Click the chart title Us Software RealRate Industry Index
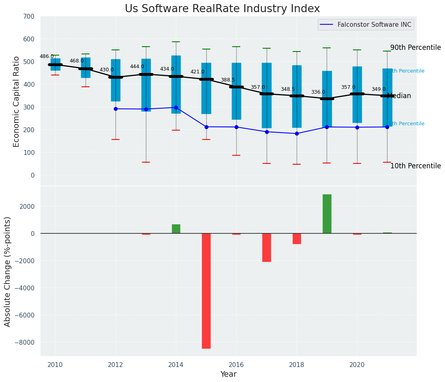click(222, 9)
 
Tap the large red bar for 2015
click(206, 290)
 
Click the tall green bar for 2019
click(327, 214)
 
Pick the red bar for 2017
click(266, 247)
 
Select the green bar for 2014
click(176, 229)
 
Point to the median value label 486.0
click(47, 56)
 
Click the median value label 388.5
click(228, 80)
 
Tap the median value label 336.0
click(318, 92)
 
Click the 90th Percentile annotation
click(415, 47)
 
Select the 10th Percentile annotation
click(415, 166)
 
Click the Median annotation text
click(399, 96)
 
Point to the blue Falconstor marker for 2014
click(176, 107)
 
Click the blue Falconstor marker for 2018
click(297, 133)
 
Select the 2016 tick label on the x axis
click(236, 365)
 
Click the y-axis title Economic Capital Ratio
click(17, 101)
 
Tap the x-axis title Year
click(228, 374)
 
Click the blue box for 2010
click(56, 64)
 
